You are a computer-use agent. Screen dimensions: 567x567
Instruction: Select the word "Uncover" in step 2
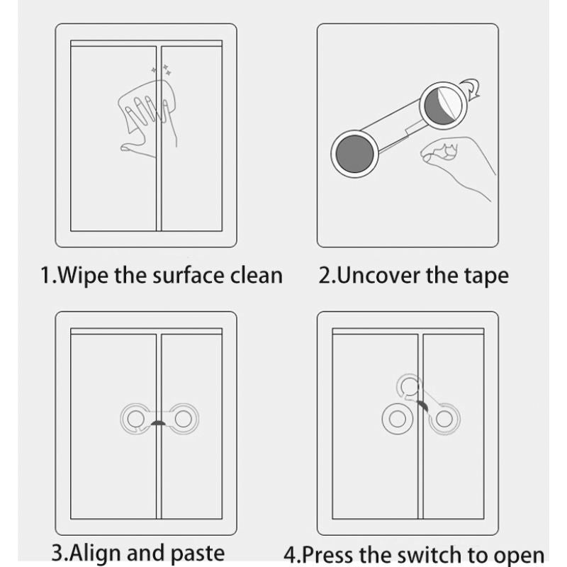click(x=378, y=274)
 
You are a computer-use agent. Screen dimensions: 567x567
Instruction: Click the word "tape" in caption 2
click(x=486, y=274)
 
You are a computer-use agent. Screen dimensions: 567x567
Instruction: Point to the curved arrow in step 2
click(x=471, y=90)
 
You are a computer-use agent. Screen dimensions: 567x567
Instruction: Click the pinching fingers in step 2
click(x=439, y=152)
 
